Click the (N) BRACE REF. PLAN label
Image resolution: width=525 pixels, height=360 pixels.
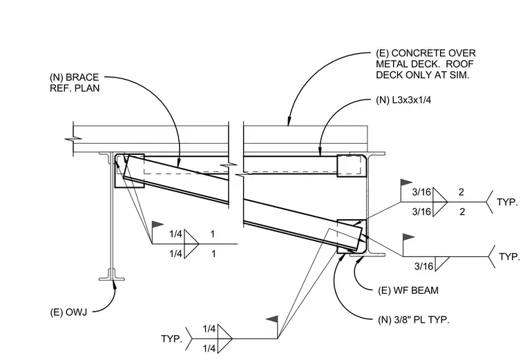point(75,82)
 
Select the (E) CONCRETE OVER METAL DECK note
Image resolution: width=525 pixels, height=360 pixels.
point(426,64)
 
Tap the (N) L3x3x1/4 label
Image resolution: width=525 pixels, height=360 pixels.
point(403,100)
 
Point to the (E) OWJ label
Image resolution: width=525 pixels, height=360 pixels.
point(68,312)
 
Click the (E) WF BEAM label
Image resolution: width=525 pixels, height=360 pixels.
point(408,290)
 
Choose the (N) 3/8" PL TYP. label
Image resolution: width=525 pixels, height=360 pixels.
point(414,320)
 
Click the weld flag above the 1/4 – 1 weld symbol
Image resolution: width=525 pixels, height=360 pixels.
point(157,225)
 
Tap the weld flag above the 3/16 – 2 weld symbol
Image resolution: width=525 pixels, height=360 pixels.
point(406,182)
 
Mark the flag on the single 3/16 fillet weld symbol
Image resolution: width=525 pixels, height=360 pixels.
point(408,238)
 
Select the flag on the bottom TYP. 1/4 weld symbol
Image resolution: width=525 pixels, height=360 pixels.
point(272,319)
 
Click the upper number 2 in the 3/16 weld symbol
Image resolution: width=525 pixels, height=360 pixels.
point(461,192)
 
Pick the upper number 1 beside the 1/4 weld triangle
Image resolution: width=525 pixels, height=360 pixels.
point(212,234)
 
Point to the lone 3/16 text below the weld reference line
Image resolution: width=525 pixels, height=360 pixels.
point(423,266)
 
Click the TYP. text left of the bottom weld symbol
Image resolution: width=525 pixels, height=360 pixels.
point(171,339)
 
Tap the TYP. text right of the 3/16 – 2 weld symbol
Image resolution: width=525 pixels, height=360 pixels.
point(508,202)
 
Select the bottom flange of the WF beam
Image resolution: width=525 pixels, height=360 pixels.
point(367,254)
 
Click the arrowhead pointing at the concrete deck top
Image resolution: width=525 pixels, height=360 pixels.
point(289,122)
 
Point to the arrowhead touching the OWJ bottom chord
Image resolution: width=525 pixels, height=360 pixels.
point(115,284)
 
